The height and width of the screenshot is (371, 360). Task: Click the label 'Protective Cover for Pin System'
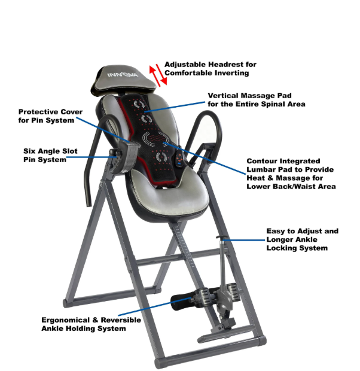50,116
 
